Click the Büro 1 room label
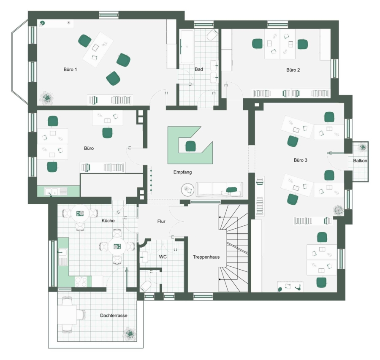click(x=70, y=70)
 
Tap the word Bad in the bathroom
click(x=199, y=69)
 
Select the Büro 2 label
click(x=293, y=70)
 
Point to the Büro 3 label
click(x=301, y=160)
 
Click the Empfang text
click(x=182, y=172)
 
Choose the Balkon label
click(x=360, y=161)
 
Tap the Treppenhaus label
click(x=206, y=257)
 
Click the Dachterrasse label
click(x=114, y=316)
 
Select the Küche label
click(x=108, y=221)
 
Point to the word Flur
click(x=161, y=222)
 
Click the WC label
click(x=163, y=257)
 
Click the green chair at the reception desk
click(x=190, y=146)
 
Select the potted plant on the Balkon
click(x=363, y=147)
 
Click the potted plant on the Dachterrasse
click(x=130, y=334)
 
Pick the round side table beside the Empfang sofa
click(x=188, y=189)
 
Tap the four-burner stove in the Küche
click(x=81, y=282)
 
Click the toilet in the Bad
click(x=212, y=35)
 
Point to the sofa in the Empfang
click(x=219, y=189)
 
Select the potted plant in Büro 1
click(x=47, y=98)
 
